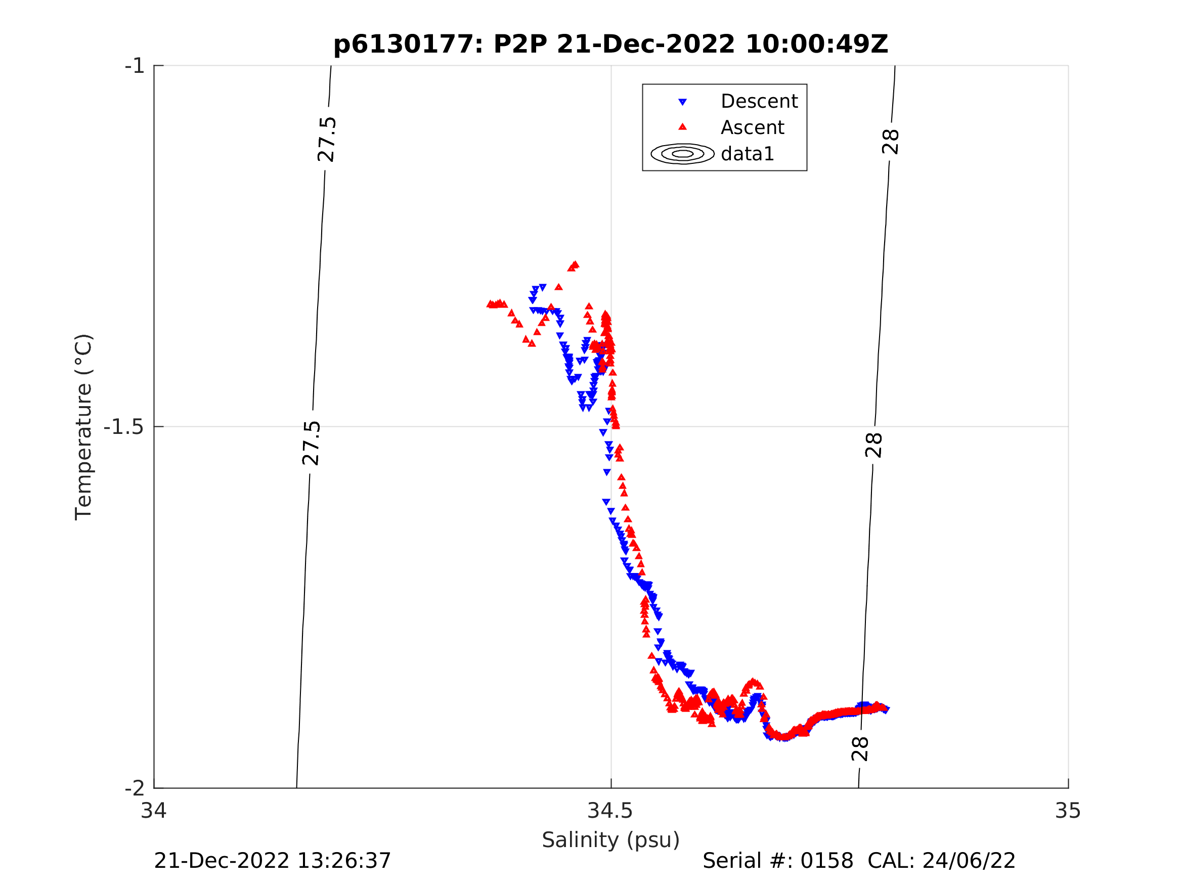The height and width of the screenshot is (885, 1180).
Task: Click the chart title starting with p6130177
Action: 611,45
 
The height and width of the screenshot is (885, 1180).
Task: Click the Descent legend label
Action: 759,101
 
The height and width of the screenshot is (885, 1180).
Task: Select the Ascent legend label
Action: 752,128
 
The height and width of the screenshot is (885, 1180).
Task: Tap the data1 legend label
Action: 747,154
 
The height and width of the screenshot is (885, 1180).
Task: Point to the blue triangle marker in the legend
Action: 682,102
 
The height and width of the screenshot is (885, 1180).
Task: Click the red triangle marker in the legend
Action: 682,127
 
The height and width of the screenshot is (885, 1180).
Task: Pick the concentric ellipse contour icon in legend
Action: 682,154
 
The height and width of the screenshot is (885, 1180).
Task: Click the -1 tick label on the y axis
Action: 135,66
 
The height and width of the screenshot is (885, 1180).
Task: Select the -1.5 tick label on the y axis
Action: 124,427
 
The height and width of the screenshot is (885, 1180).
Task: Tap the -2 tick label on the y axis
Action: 135,788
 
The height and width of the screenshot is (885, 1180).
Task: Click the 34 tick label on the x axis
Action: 154,811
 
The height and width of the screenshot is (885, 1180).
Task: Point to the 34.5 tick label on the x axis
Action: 610,811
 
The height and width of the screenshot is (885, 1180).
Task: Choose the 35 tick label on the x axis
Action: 1068,811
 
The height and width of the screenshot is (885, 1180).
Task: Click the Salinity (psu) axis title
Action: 611,839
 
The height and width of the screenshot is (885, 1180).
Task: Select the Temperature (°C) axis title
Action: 84,427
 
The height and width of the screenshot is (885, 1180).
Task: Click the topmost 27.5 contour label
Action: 326,140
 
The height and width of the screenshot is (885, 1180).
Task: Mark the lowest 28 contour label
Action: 860,749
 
